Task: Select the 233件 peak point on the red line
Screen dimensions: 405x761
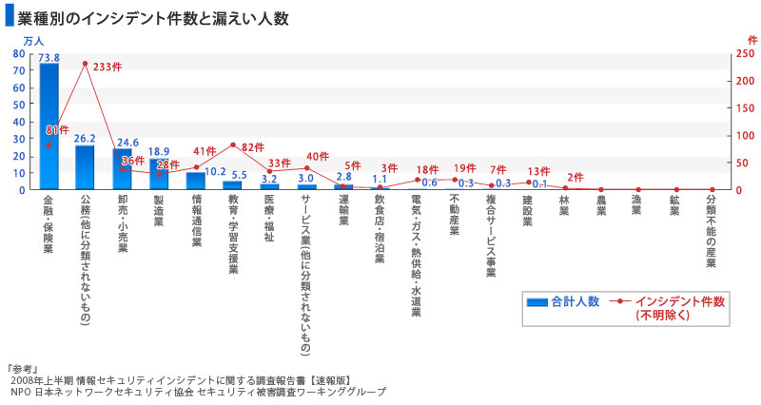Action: click(85, 64)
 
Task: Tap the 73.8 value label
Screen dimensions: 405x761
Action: click(49, 57)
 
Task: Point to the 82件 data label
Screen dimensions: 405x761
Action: click(253, 147)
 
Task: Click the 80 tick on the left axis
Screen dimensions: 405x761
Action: click(20, 54)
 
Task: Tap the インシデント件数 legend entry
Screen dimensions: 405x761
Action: click(676, 301)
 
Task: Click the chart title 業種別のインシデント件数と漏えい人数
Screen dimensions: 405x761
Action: click(152, 17)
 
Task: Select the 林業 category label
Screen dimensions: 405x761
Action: click(564, 206)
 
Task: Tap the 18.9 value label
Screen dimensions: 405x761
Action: click(160, 151)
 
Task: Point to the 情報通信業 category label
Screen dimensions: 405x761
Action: click(197, 221)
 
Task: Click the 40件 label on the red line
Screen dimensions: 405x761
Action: click(318, 157)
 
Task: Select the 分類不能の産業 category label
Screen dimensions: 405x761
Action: click(712, 233)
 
